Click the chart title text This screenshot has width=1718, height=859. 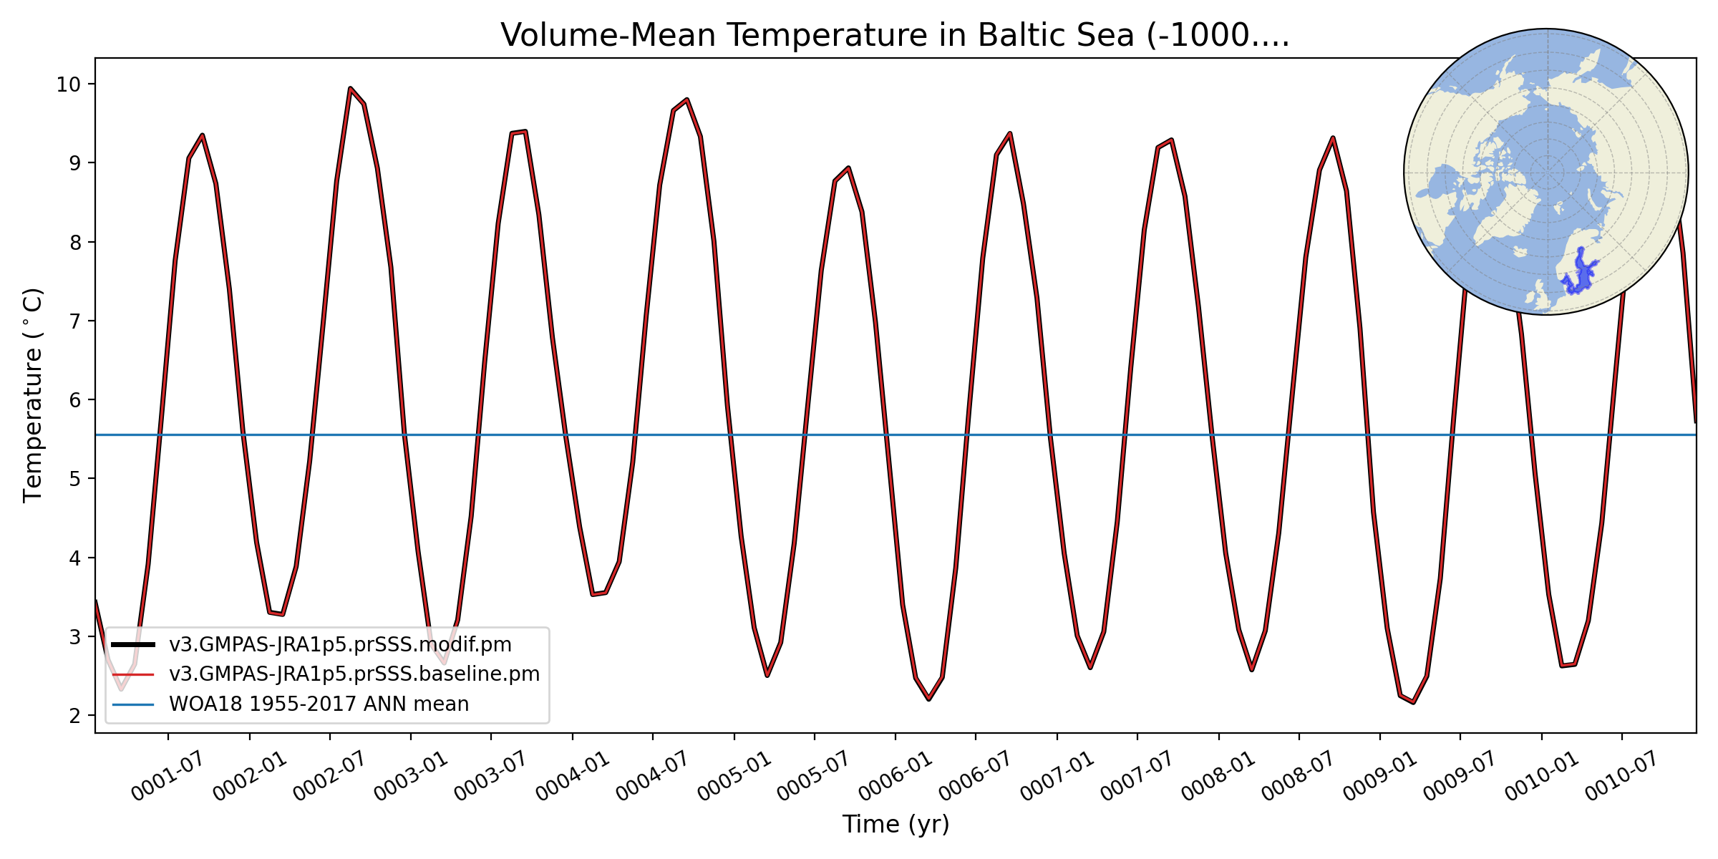pyautogui.click(x=895, y=36)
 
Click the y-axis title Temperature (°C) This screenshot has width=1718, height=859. pyautogui.click(x=33, y=395)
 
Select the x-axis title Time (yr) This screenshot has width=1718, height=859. pyautogui.click(x=896, y=825)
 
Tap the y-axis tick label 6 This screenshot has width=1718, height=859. pyautogui.click(x=75, y=400)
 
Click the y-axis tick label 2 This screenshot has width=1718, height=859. pyautogui.click(x=75, y=716)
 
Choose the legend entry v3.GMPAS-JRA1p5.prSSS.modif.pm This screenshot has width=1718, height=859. pyautogui.click(x=340, y=645)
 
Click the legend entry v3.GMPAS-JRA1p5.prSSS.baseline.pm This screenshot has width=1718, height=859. pyautogui.click(x=354, y=674)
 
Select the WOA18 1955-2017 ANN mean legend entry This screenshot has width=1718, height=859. pyautogui.click(x=319, y=704)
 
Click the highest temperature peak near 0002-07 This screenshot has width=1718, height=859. pyautogui.click(x=350, y=88)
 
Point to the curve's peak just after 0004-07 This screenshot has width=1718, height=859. pyautogui.click(x=687, y=100)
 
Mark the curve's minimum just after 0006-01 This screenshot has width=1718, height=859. pyautogui.click(x=929, y=699)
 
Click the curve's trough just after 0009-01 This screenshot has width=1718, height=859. pyautogui.click(x=1414, y=702)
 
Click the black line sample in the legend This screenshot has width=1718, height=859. pyautogui.click(x=133, y=645)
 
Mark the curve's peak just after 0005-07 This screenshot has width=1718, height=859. pyautogui.click(x=848, y=168)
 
